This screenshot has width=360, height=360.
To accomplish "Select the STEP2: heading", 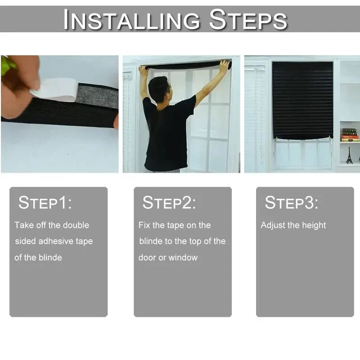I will (x=169, y=203).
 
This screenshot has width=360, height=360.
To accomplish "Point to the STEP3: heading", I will (x=291, y=203).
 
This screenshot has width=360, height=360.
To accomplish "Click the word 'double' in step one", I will (x=76, y=225).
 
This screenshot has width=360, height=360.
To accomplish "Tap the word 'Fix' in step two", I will (x=144, y=225).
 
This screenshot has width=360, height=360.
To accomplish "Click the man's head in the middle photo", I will (x=158, y=88).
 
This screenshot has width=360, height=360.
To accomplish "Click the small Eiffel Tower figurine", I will (x=349, y=155).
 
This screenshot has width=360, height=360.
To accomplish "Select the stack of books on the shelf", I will (x=350, y=135).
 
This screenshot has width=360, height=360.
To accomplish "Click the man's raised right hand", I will (x=224, y=66).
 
